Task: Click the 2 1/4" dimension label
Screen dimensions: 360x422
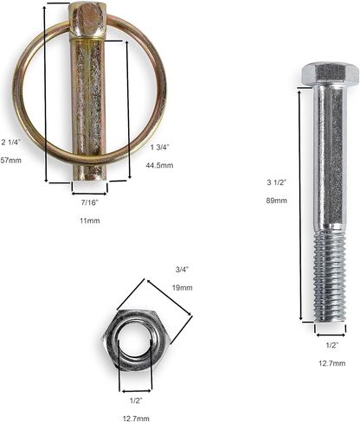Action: (x=11, y=142)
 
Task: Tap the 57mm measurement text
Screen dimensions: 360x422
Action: (x=10, y=160)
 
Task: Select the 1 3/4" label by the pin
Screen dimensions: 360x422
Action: (x=159, y=147)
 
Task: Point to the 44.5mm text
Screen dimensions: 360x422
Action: (x=159, y=165)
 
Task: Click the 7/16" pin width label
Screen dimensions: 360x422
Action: (x=90, y=202)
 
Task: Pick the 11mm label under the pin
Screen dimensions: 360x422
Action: (x=90, y=221)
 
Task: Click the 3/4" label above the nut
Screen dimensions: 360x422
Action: (x=182, y=270)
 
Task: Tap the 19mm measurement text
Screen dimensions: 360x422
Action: (x=182, y=288)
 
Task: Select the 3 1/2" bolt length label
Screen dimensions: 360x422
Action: (x=276, y=182)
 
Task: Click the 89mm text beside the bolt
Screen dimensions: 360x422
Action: (x=276, y=201)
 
